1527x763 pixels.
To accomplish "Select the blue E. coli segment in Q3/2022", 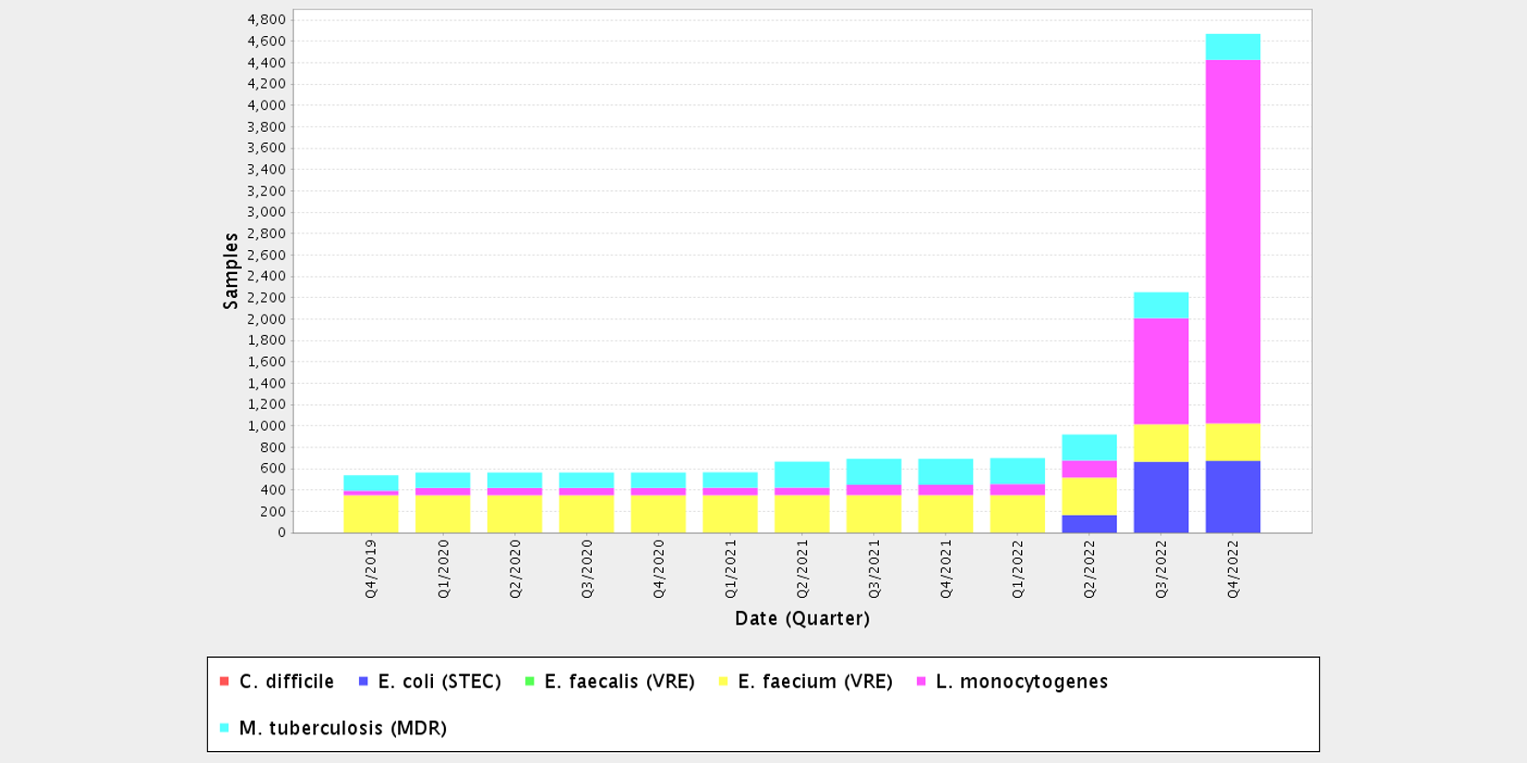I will pyautogui.click(x=1160, y=497).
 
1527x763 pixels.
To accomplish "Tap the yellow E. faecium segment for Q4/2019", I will pyautogui.click(x=370, y=514).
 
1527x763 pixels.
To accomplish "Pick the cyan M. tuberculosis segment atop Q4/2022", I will pyautogui.click(x=1232, y=47).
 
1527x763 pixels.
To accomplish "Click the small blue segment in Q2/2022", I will pyautogui.click(x=1088, y=524).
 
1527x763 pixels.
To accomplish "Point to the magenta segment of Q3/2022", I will pyautogui.click(x=1160, y=371).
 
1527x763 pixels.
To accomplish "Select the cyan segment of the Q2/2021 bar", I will pyautogui.click(x=801, y=474).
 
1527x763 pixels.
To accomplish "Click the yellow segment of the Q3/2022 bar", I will pyautogui.click(x=1160, y=443).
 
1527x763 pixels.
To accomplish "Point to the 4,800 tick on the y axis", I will pyautogui.click(x=266, y=19).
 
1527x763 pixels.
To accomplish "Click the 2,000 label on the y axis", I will pyautogui.click(x=266, y=319).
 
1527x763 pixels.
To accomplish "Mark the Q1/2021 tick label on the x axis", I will pyautogui.click(x=730, y=569).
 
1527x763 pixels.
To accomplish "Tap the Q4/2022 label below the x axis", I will pyautogui.click(x=1232, y=569).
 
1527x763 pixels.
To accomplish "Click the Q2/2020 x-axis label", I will pyautogui.click(x=515, y=569).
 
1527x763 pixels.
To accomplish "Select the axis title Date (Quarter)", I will pyautogui.click(x=801, y=618).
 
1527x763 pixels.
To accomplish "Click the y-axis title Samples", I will pyautogui.click(x=231, y=271).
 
